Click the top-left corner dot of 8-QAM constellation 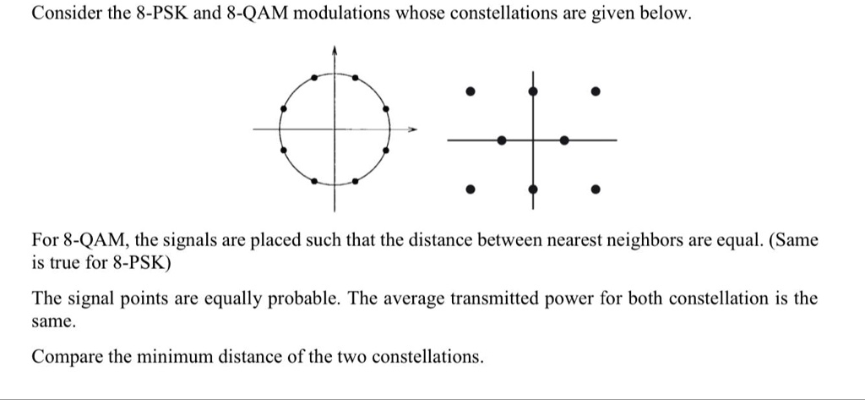(470, 91)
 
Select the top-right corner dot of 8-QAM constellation (596, 91)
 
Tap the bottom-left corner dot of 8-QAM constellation (470, 189)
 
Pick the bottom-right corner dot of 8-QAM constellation (596, 189)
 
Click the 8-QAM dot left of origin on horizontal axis (501, 140)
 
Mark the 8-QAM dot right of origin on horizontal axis (563, 140)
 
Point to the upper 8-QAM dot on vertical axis (532, 91)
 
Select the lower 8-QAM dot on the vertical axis (532, 189)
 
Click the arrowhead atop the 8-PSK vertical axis (334, 50)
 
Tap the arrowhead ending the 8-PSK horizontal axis (411, 130)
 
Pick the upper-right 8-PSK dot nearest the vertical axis (356, 77)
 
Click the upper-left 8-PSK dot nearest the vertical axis (314, 77)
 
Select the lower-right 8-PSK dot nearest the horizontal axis (385, 150)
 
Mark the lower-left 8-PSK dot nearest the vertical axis (314, 181)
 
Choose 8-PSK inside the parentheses (138, 264)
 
